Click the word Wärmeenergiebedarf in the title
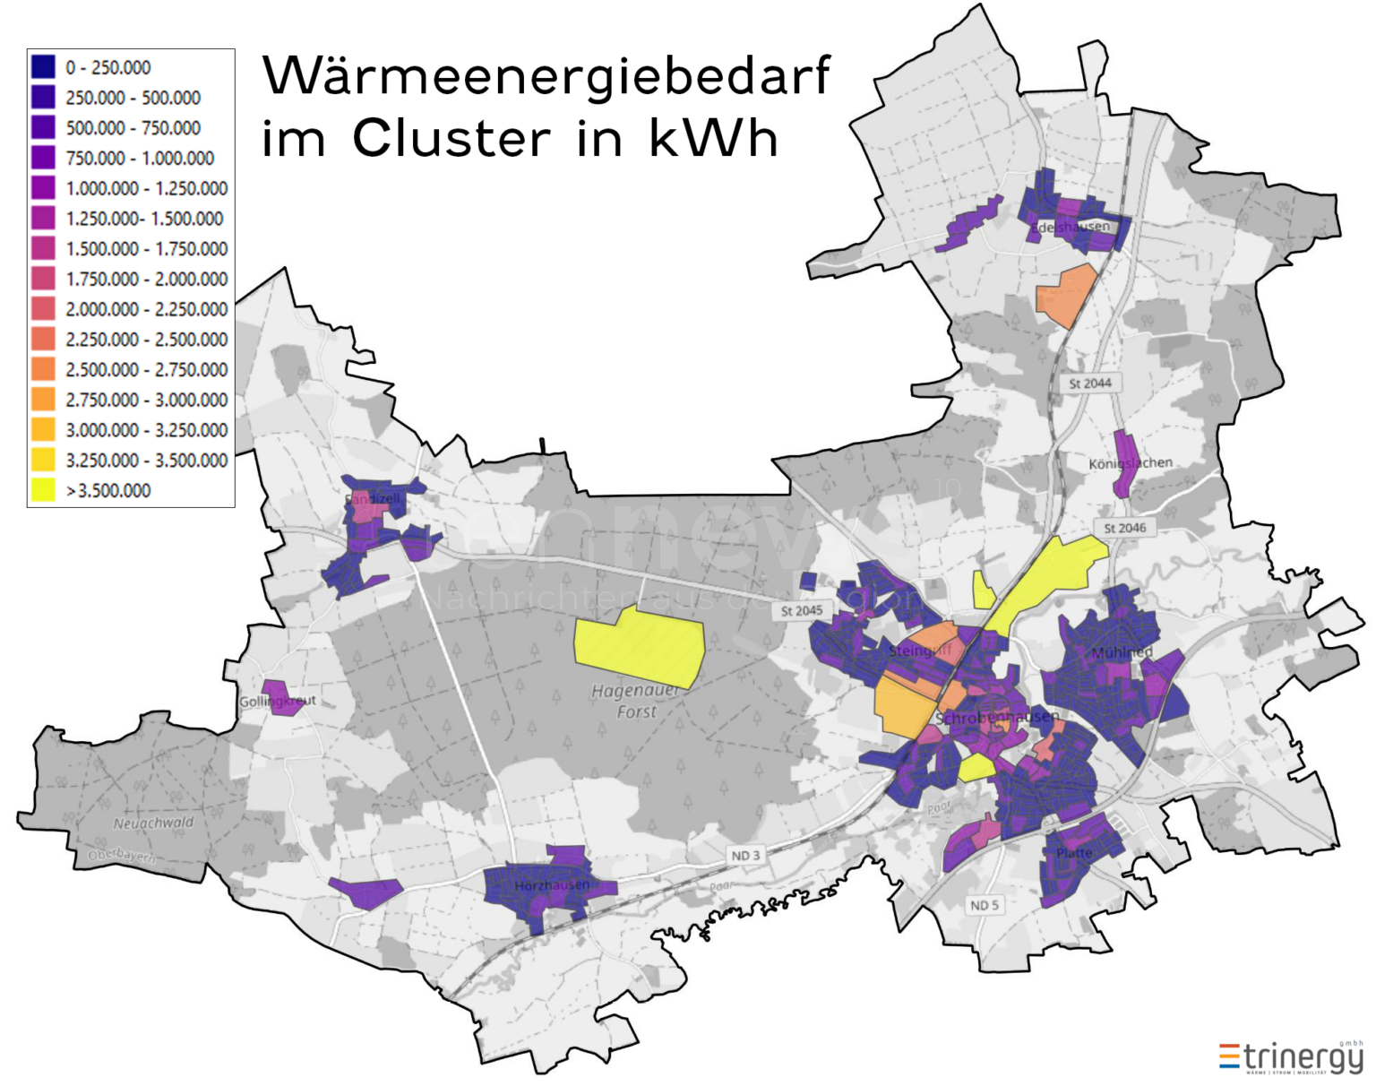[546, 76]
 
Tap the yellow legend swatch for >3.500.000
[43, 490]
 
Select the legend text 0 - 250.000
[107, 67]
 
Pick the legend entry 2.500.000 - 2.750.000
[146, 369]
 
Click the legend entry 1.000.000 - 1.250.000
[146, 188]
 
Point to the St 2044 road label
[1089, 384]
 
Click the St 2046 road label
[1124, 528]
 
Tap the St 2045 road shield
[801, 610]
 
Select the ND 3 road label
[745, 856]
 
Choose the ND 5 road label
[984, 905]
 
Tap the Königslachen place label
[1130, 463]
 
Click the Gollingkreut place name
[277, 701]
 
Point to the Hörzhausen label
[552, 885]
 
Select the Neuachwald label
[153, 823]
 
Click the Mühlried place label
[1122, 652]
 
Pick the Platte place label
[1074, 852]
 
